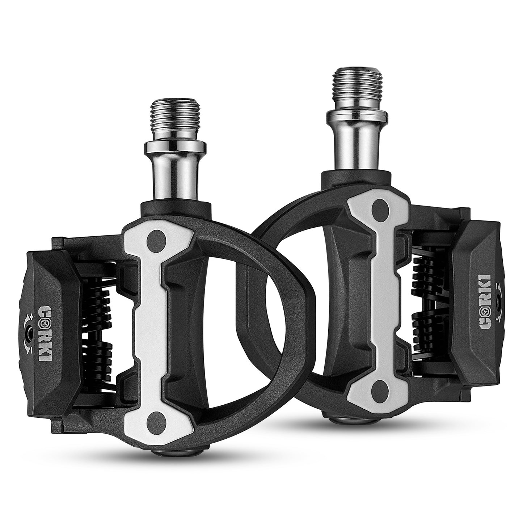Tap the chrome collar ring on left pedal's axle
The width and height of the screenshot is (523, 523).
pos(175,147)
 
